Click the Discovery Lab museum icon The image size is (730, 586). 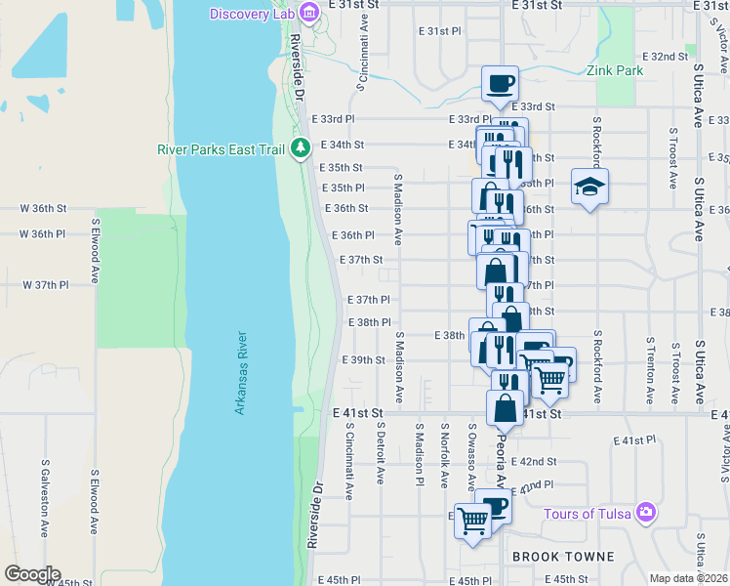pyautogui.click(x=308, y=12)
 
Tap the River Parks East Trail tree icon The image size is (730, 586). pyautogui.click(x=302, y=148)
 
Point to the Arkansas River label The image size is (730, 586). pyautogui.click(x=241, y=372)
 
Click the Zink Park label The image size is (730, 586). pyautogui.click(x=616, y=70)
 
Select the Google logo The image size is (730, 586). pyautogui.click(x=31, y=574)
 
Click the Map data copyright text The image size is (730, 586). pyautogui.click(x=689, y=578)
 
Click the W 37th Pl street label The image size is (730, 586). pyautogui.click(x=46, y=285)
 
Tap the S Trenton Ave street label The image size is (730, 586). pyautogui.click(x=650, y=371)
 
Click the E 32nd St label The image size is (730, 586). pyautogui.click(x=666, y=57)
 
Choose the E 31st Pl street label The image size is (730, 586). pyautogui.click(x=439, y=31)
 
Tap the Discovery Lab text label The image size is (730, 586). pyautogui.click(x=253, y=13)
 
